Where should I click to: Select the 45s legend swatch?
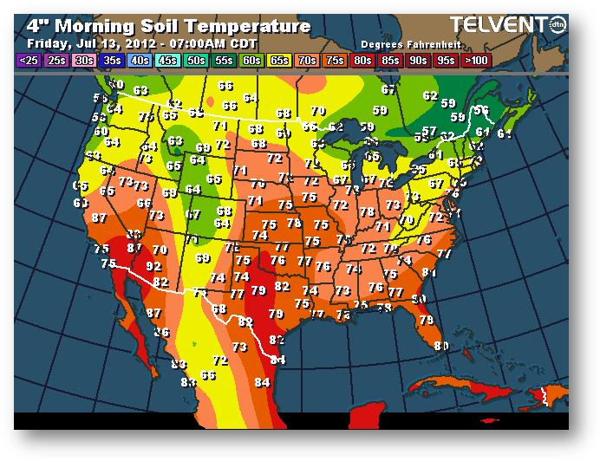[x=168, y=61]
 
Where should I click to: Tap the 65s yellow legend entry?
[x=280, y=61]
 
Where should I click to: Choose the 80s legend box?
[x=362, y=61]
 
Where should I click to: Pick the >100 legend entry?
[x=474, y=61]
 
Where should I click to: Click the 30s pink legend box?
[x=84, y=61]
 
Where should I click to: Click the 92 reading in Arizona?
[x=153, y=266]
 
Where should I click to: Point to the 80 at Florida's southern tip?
[x=441, y=347]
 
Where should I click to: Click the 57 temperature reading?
[x=428, y=131]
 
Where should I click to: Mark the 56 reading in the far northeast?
[x=482, y=110]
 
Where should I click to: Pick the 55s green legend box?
[x=224, y=61]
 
